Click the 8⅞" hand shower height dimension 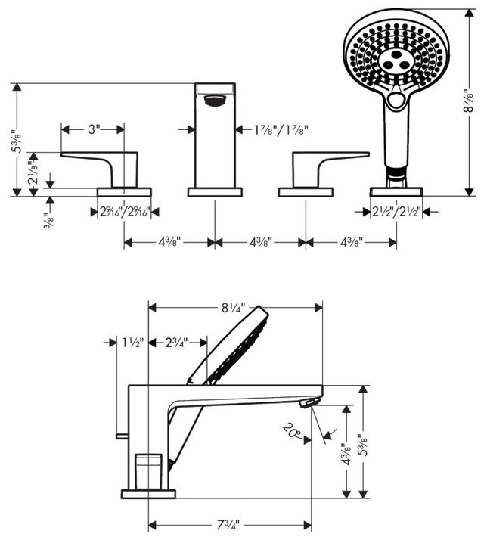tap(468, 101)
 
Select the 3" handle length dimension tap(94, 129)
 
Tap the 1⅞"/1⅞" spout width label tap(281, 130)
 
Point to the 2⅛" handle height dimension tap(33, 173)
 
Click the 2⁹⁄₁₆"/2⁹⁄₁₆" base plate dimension tap(125, 212)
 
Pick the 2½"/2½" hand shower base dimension tap(396, 211)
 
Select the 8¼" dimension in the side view tap(234, 308)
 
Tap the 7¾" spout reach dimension tap(228, 525)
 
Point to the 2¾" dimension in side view tap(176, 343)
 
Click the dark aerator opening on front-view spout tap(216, 101)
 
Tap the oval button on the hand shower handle tap(396, 101)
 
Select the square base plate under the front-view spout tap(215, 192)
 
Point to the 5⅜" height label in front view tap(17, 141)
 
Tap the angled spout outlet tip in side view tap(307, 402)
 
